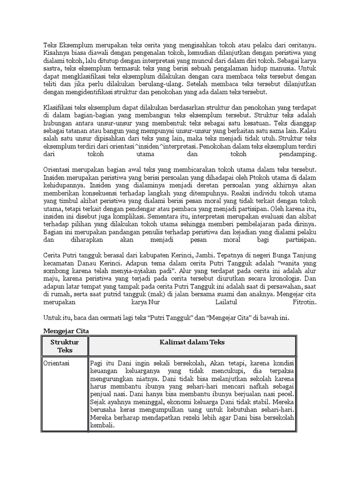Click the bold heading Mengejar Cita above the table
pyautogui.click(x=66, y=331)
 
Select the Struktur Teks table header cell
pyautogui.click(x=65, y=346)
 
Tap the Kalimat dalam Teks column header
pyautogui.click(x=192, y=343)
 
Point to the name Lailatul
pyautogui.click(x=217, y=302)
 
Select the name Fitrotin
pyautogui.click(x=303, y=302)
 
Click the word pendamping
pyautogui.click(x=297, y=154)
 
